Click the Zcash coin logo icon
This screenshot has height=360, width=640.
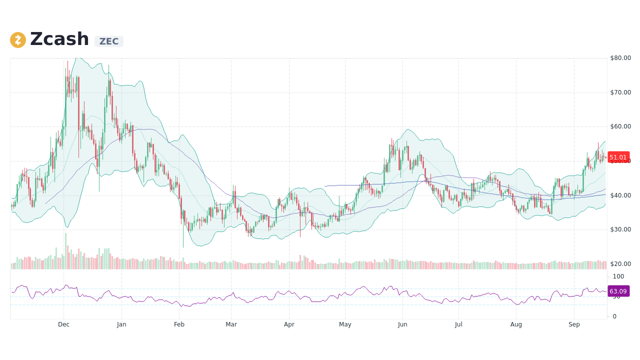tap(18, 40)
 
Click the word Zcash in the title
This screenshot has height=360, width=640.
tap(59, 39)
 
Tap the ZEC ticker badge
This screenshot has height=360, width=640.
tap(109, 41)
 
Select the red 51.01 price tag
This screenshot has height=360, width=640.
tap(618, 157)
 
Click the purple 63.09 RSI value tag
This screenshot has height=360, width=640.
tap(618, 291)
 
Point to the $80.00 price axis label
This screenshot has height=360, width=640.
tap(620, 58)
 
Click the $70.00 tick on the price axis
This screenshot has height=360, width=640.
tap(620, 92)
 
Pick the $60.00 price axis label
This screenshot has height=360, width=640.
tap(620, 126)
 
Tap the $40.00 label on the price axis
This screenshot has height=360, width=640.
tap(620, 195)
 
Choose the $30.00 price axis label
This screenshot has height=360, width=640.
tap(620, 229)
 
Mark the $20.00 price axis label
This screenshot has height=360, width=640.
tap(620, 264)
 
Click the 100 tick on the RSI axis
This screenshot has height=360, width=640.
tap(618, 276)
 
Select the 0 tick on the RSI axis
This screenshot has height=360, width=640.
tap(615, 316)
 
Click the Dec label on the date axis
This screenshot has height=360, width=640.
tap(63, 324)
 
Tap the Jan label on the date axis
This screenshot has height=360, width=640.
tap(121, 324)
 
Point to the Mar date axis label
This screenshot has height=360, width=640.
tap(231, 324)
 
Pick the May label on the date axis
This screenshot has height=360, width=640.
tap(345, 324)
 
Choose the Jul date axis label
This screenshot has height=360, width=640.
tap(458, 324)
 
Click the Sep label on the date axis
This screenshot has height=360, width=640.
tap(574, 324)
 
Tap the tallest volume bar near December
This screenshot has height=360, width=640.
tap(65, 251)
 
